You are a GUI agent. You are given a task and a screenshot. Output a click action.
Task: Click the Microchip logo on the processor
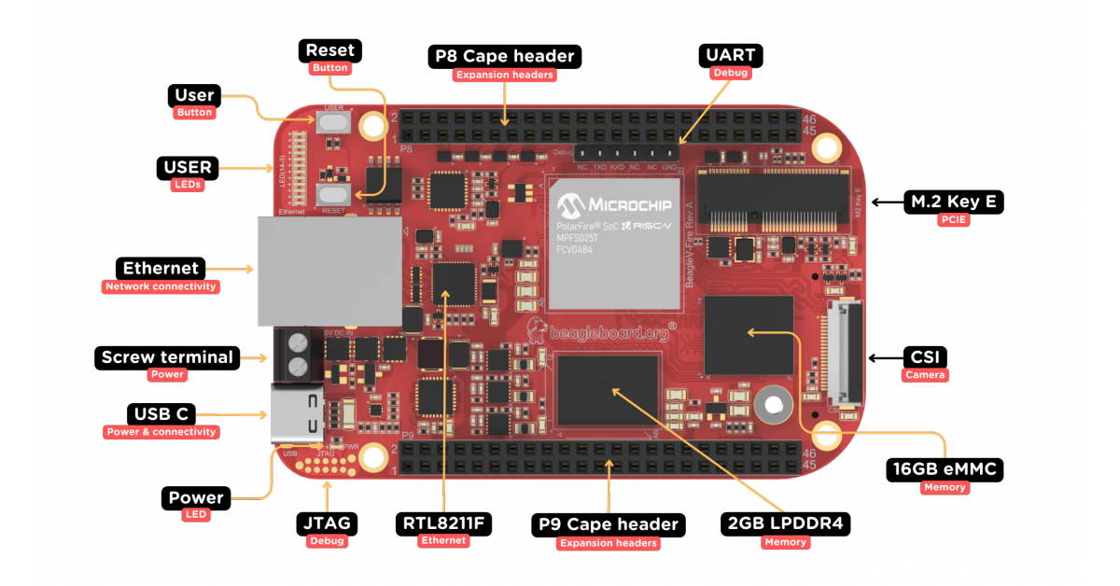[x=613, y=202]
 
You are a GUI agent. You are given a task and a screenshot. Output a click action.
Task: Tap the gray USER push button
[x=333, y=124]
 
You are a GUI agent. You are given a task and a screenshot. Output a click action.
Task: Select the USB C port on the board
[x=298, y=414]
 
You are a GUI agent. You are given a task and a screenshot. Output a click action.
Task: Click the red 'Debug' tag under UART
[x=730, y=73]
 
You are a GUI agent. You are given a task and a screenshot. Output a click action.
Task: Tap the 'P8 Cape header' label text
[x=505, y=56]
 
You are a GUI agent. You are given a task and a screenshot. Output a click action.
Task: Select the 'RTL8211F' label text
[x=443, y=523]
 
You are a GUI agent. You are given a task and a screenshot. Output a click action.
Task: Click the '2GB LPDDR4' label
[x=785, y=523]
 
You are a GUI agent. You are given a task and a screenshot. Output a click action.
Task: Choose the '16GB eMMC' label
[x=944, y=469]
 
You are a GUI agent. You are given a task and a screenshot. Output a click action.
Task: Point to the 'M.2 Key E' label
[x=953, y=202]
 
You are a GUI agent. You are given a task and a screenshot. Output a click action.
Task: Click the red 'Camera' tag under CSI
[x=925, y=375]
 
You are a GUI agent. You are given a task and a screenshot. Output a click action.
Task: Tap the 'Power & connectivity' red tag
[x=161, y=432]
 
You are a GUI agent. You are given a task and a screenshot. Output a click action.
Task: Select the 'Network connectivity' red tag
[x=161, y=287]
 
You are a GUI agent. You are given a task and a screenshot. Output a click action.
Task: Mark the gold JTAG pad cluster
[x=327, y=464]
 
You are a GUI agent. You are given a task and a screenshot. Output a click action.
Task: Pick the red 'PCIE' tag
[x=954, y=221]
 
